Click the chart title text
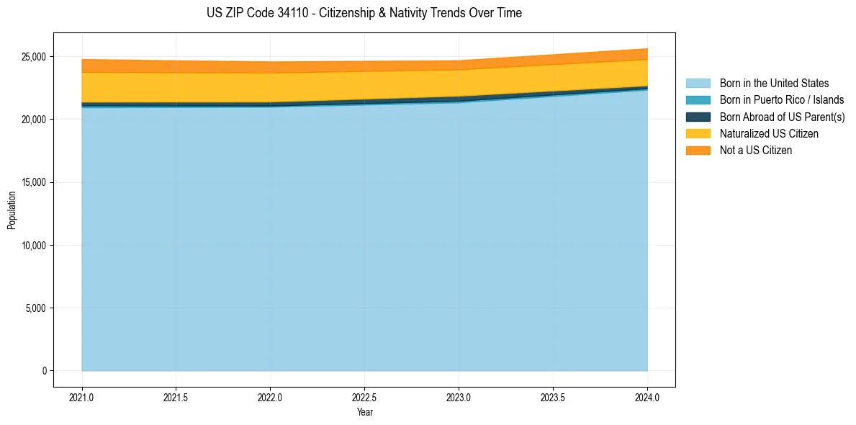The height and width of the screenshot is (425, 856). click(364, 13)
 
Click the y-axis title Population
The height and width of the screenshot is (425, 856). click(12, 210)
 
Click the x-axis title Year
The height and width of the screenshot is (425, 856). click(364, 412)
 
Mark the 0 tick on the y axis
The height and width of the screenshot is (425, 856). click(45, 371)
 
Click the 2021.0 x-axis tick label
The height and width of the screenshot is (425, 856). click(82, 397)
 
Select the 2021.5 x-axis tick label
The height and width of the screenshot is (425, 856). click(176, 397)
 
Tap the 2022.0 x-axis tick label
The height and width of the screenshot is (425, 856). click(271, 397)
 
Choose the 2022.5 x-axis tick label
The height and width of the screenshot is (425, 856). click(365, 397)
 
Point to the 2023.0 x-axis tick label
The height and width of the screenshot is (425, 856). click(459, 397)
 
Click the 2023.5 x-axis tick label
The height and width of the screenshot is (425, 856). click(553, 397)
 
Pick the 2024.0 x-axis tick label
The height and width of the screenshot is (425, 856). click(647, 397)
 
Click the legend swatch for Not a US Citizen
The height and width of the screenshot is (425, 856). click(698, 151)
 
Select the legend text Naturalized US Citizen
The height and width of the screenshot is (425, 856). click(769, 134)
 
